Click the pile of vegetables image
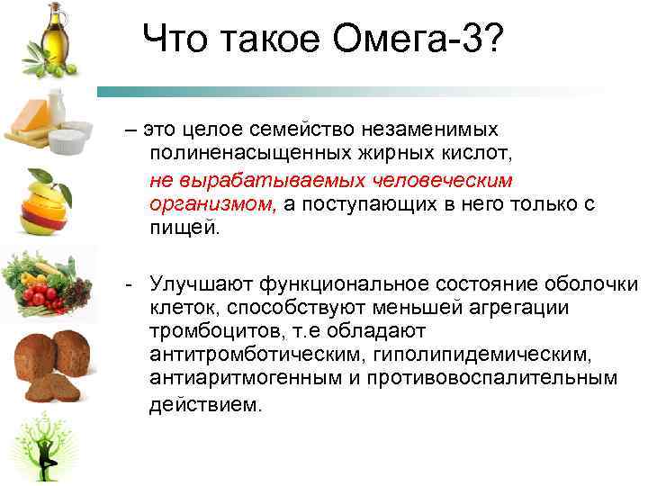46,284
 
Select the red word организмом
213,204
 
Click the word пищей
184,228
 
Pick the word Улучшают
201,284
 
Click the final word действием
207,404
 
